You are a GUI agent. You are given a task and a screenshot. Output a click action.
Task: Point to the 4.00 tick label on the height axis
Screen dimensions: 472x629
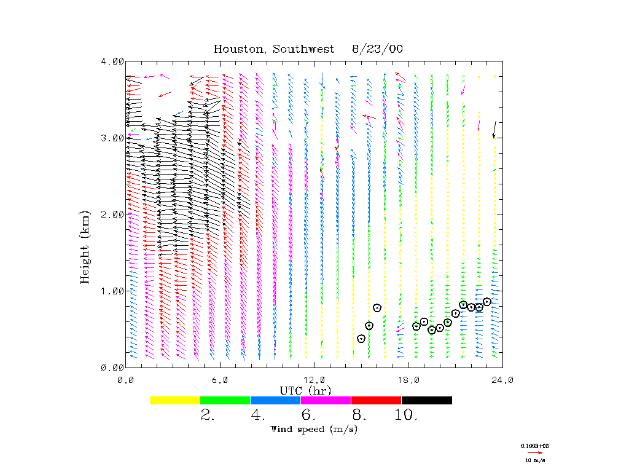(x=112, y=61)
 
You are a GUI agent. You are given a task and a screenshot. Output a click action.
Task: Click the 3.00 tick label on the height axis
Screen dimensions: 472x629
(x=112, y=138)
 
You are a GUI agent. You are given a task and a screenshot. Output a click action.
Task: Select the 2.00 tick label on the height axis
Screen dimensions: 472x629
(x=112, y=214)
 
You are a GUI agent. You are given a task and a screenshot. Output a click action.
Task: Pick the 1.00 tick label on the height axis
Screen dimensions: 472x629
(x=112, y=291)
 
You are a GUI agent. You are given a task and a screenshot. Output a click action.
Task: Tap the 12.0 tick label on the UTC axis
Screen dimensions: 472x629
(x=314, y=380)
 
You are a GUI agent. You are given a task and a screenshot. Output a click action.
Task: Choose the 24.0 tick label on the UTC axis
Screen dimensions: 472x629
(x=502, y=380)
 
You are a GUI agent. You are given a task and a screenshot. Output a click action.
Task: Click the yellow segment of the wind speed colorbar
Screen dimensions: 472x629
(x=175, y=400)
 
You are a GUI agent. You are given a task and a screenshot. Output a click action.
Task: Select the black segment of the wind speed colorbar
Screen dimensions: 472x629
(x=427, y=400)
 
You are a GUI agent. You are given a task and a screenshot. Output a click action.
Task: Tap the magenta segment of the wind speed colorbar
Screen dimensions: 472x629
(x=326, y=400)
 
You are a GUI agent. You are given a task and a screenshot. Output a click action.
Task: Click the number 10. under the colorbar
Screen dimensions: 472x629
(x=406, y=415)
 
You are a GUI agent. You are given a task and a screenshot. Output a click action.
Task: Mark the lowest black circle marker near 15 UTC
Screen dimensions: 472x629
(x=361, y=339)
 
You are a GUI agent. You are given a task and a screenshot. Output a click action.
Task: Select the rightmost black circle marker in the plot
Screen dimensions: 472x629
(x=487, y=302)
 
